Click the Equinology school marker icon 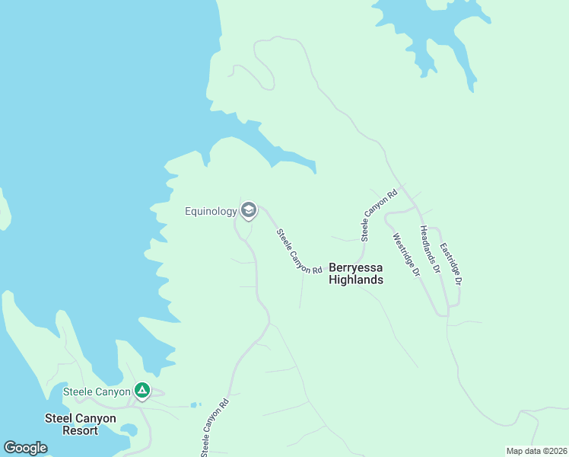(x=249, y=211)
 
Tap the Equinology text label (x=211, y=211)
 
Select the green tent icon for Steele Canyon (x=141, y=391)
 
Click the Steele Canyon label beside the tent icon (x=97, y=392)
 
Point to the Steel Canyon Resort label (x=81, y=424)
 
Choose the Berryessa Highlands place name (x=355, y=273)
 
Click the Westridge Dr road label (x=407, y=254)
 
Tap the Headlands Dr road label (x=431, y=248)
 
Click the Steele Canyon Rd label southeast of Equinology (x=299, y=251)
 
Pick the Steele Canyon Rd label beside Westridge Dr (x=379, y=216)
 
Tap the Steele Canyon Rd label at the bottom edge (x=215, y=430)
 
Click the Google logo (x=25, y=448)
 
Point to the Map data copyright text (x=536, y=451)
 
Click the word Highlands (x=355, y=280)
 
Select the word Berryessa (x=355, y=267)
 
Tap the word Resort (x=81, y=430)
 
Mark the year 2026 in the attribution (x=555, y=451)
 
